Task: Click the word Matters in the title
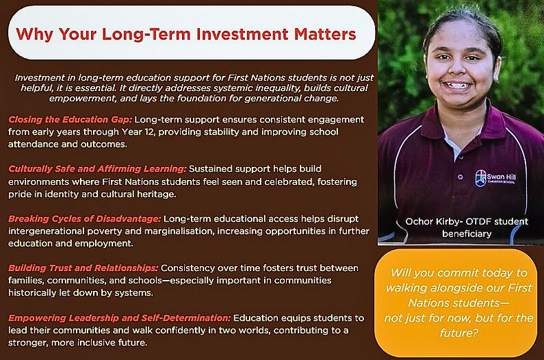tap(325, 34)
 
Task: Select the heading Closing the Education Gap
tap(70, 120)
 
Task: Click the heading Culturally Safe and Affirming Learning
tap(97, 169)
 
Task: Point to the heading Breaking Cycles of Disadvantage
tap(85, 219)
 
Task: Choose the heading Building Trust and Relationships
tap(83, 268)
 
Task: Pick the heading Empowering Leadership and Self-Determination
tap(119, 318)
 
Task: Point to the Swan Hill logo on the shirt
tap(495, 178)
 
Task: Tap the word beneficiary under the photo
tap(467, 234)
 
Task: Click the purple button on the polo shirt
tap(461, 177)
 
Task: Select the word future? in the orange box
tap(459, 333)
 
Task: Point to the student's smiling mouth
tap(456, 86)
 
